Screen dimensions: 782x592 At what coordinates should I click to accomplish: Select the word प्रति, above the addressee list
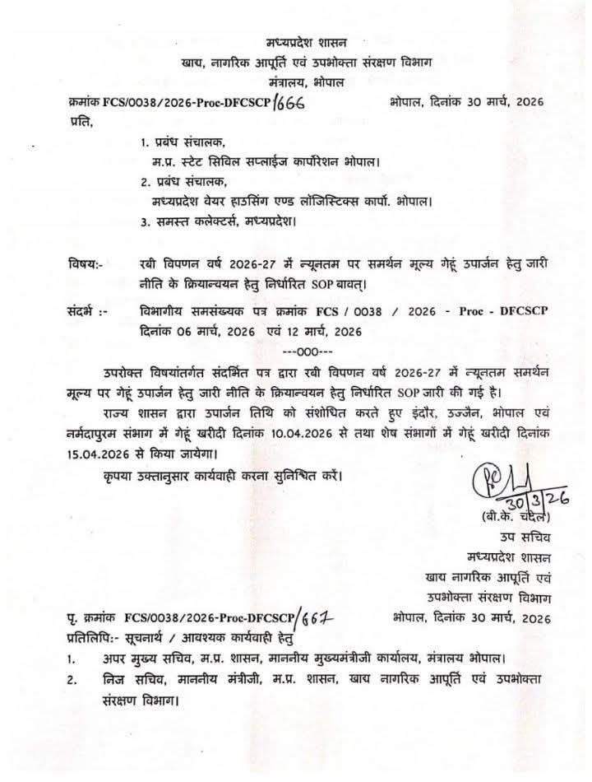tap(81, 122)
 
